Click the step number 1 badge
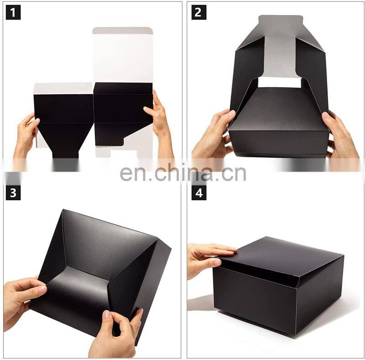pyautogui.click(x=13, y=12)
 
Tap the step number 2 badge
pyautogui.click(x=199, y=12)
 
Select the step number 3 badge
pyautogui.click(x=13, y=193)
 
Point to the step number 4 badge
pyautogui.click(x=199, y=193)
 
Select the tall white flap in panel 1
pyautogui.click(x=123, y=55)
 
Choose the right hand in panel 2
pyautogui.click(x=340, y=135)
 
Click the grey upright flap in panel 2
pyautogui.click(x=280, y=47)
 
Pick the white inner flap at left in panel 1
pyautogui.click(x=63, y=88)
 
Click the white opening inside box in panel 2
pyautogui.click(x=279, y=83)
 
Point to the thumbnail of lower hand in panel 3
pyautogui.click(x=106, y=314)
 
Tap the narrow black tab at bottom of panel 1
pyautogui.click(x=65, y=154)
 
